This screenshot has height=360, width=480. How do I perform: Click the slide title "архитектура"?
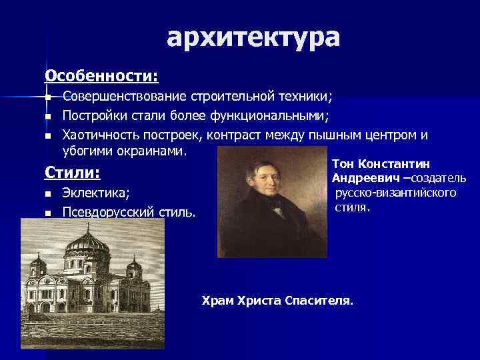253,38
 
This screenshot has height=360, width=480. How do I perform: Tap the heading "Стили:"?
72,174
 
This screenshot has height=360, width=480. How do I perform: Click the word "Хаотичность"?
99,136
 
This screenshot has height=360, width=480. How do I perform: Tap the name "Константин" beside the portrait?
394,164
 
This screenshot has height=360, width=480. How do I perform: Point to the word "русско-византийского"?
396,193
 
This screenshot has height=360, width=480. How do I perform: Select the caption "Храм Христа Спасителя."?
278,301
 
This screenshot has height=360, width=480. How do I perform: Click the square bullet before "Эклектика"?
47,195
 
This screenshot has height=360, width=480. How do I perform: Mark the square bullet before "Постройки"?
47,117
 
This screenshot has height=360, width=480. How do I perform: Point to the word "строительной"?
227,97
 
